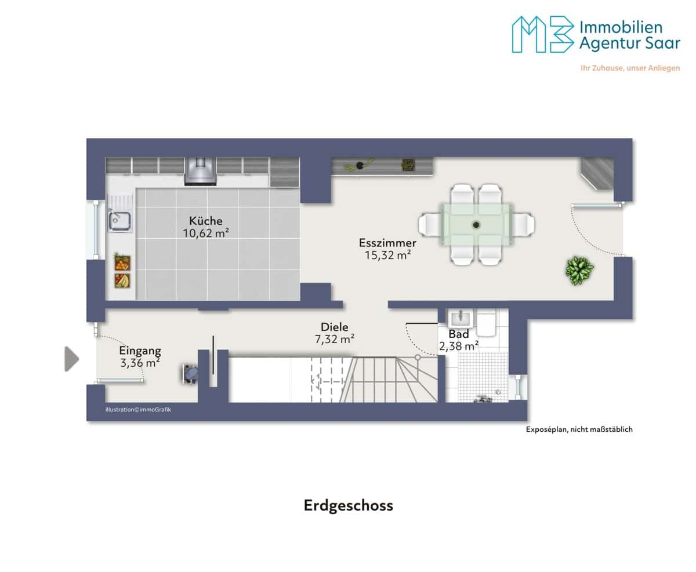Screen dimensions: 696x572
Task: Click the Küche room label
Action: pos(205,221)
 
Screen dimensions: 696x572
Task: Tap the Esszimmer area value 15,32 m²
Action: pos(388,255)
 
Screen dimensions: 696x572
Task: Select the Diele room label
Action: pos(334,327)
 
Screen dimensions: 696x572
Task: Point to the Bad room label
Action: pos(458,334)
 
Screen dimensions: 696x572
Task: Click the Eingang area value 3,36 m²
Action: pos(140,363)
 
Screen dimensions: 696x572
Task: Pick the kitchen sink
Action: pos(120,221)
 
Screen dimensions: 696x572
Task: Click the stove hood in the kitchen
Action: pos(200,171)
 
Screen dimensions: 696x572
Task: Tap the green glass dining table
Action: pos(477,225)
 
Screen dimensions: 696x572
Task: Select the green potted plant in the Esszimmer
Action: pos(579,270)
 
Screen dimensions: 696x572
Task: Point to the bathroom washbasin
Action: pos(460,318)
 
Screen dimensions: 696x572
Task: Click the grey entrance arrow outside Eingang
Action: pos(71,359)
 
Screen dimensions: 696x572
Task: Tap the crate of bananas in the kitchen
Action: pos(122,280)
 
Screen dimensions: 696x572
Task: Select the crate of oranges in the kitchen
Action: pos(122,263)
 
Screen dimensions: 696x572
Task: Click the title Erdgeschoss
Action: pos(348,506)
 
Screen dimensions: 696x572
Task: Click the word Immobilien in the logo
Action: pos(621,27)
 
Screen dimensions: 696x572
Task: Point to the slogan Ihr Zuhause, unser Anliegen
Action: pos(630,68)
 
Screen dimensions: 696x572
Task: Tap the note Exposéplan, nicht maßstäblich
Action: pos(579,429)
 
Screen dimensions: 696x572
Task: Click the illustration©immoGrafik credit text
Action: pos(138,410)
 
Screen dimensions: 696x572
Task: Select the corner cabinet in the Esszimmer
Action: pos(598,173)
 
